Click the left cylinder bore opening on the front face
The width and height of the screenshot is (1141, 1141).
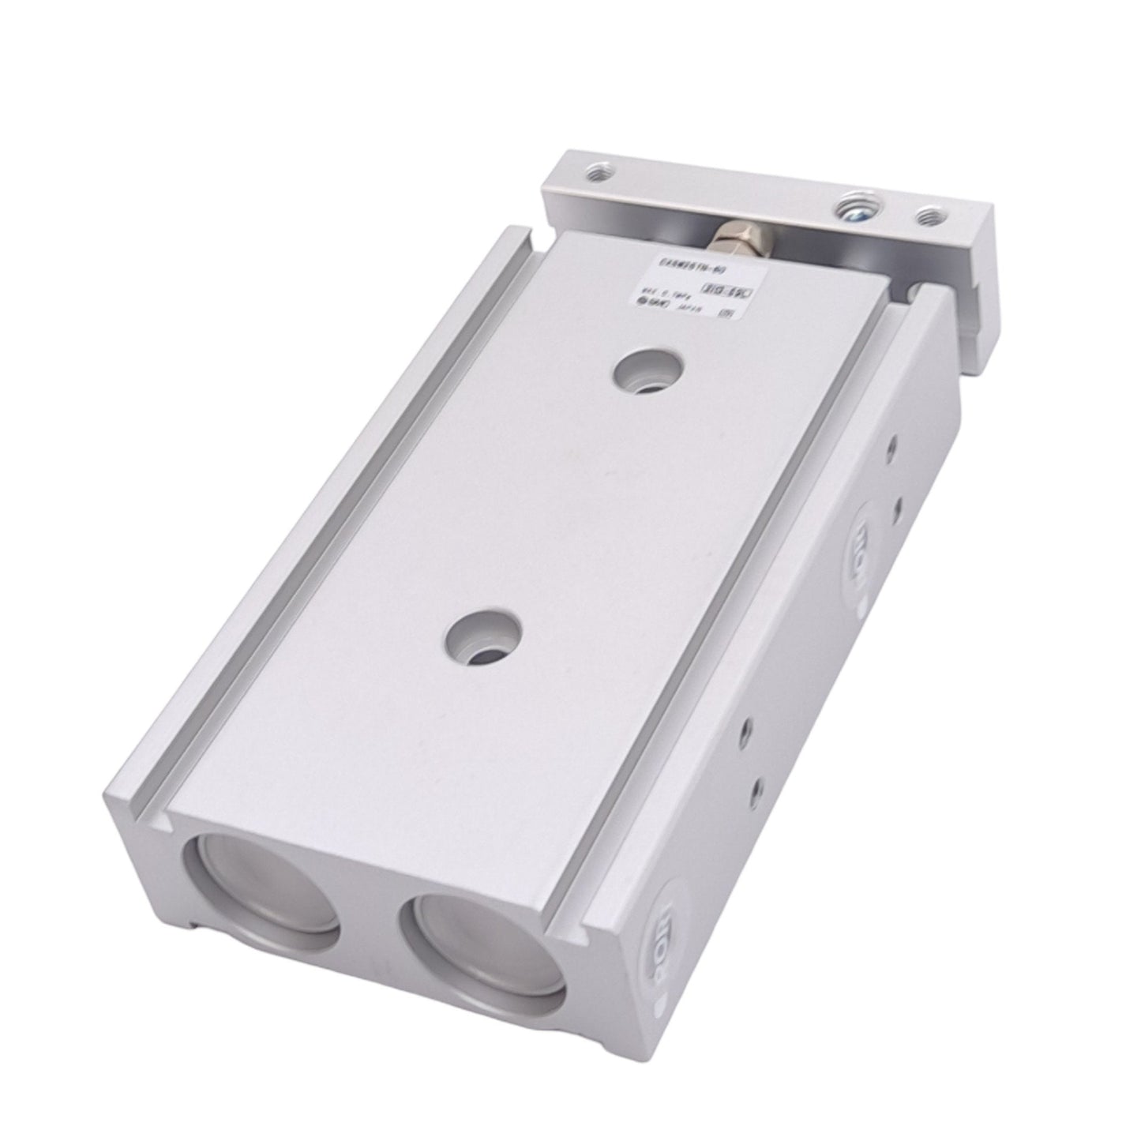point(261,895)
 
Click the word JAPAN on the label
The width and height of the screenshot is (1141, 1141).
point(680,311)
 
